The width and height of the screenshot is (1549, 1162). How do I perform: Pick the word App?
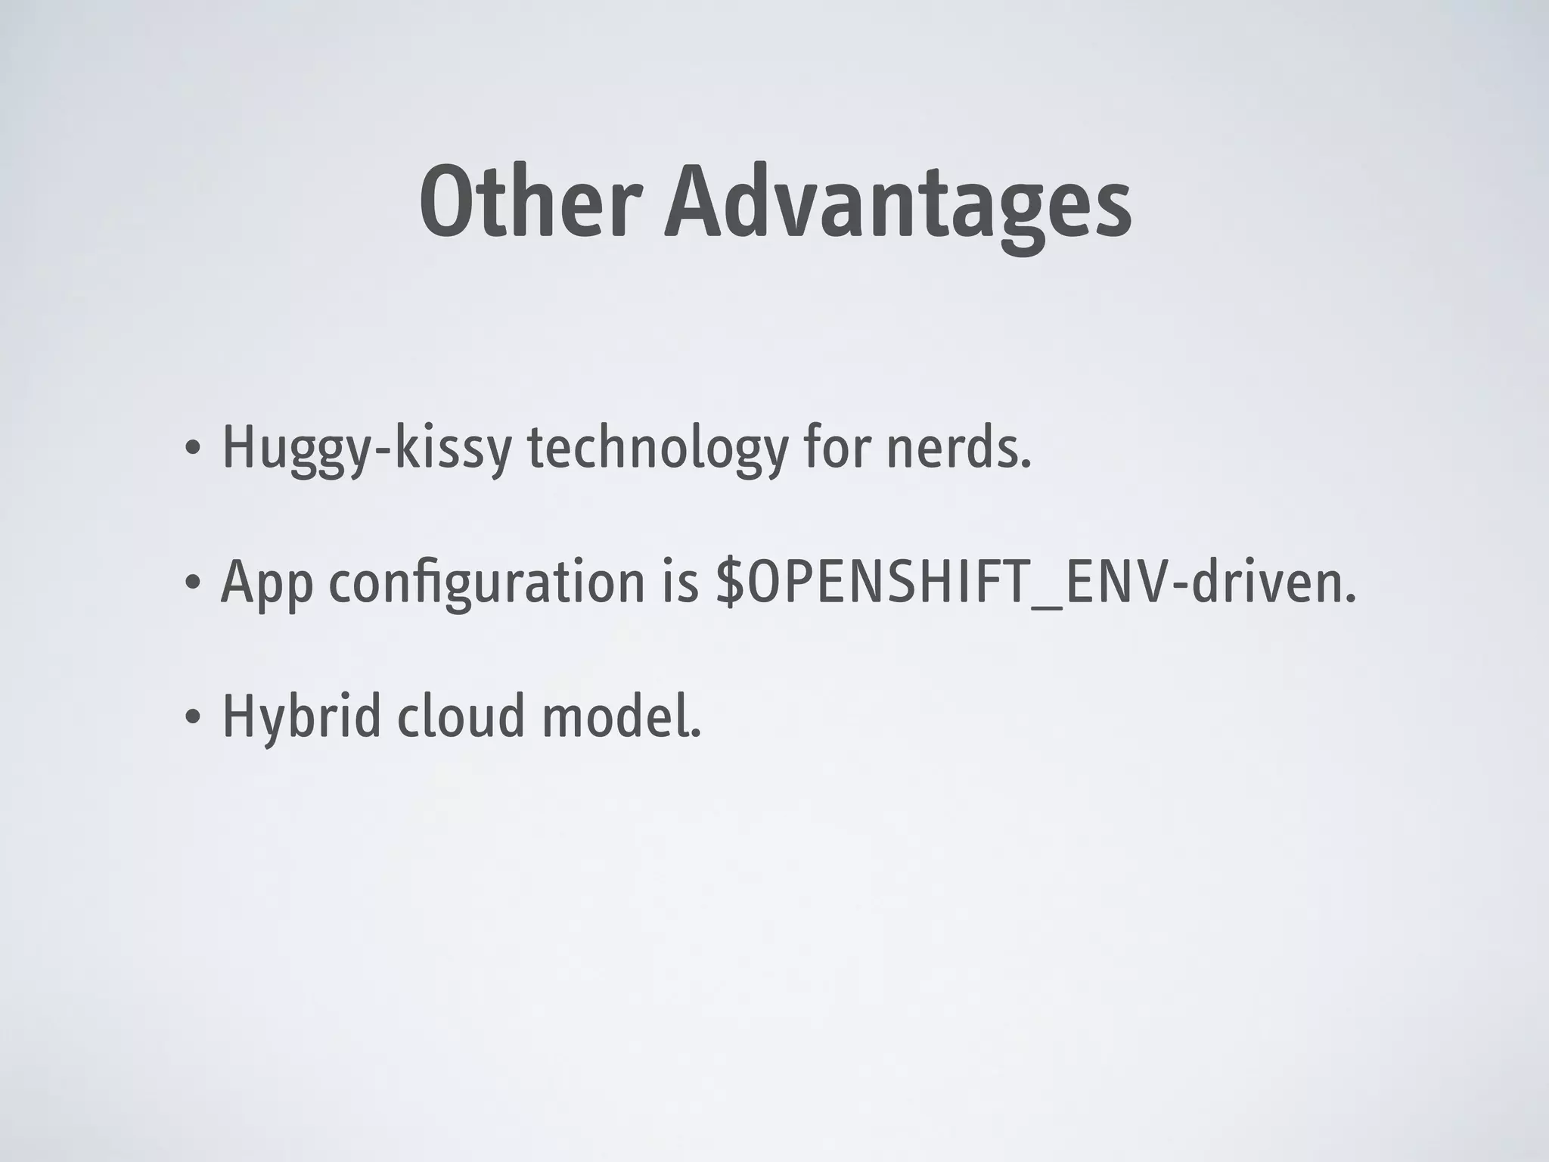point(267,583)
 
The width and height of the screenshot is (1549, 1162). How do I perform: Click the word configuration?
point(486,583)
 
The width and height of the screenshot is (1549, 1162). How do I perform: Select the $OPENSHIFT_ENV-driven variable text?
point(1035,583)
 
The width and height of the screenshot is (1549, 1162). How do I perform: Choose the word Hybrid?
point(301,717)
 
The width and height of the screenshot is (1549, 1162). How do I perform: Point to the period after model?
point(697,732)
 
